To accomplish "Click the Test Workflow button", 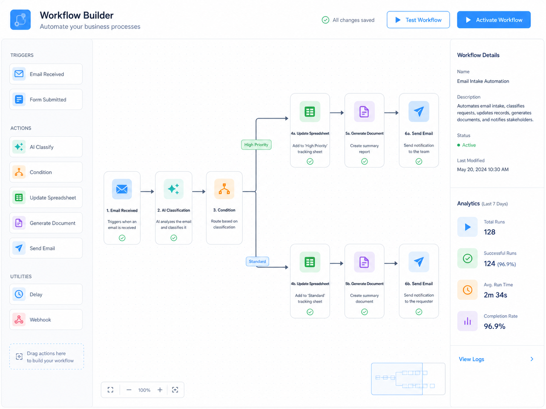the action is (418, 20).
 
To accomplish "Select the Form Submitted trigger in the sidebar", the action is (46, 99).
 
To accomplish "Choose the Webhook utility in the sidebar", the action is (46, 320).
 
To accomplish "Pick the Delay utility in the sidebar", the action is (46, 294).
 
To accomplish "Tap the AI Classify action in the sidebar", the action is (46, 147).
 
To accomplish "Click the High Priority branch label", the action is (256, 145).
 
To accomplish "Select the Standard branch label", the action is (258, 261).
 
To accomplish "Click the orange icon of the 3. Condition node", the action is (224, 189).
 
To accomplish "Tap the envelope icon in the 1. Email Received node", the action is (122, 189).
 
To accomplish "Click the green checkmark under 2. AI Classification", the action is (173, 238).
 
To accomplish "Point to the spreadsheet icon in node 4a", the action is (310, 112).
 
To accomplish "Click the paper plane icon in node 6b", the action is (419, 262).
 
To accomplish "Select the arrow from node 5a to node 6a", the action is (391, 113).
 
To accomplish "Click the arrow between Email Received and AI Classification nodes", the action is (147, 191).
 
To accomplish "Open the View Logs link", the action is (471, 359).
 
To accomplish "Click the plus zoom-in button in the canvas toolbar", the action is (160, 390).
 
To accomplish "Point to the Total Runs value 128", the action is (489, 232).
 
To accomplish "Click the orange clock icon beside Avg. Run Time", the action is (468, 290).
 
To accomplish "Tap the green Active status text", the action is (469, 145).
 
